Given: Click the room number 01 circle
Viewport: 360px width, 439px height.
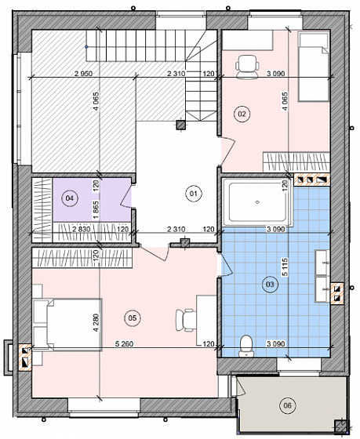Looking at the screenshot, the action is click(x=194, y=194).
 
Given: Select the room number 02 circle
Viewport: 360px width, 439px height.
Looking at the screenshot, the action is click(x=242, y=114).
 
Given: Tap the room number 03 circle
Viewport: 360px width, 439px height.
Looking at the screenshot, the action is click(x=270, y=285).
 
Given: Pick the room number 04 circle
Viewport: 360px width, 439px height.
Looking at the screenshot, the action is click(x=70, y=198).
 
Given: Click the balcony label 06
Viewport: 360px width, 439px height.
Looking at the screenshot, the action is click(x=287, y=405).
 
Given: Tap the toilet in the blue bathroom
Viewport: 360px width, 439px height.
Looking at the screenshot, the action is click(x=246, y=346).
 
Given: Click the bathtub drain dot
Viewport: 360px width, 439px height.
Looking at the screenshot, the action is click(x=258, y=202).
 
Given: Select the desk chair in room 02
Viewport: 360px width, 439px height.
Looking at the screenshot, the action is click(x=247, y=67).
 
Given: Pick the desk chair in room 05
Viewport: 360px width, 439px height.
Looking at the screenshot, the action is click(x=186, y=321).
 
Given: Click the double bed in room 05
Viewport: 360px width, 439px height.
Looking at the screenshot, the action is click(x=67, y=325).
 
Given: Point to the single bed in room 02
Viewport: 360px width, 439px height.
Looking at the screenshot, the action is click(x=314, y=67).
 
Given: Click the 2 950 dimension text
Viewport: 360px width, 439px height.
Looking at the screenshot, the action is click(x=83, y=74).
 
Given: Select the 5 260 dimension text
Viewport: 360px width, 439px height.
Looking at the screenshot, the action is click(x=124, y=344).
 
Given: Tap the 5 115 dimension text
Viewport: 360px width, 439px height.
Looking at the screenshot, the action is click(x=285, y=267).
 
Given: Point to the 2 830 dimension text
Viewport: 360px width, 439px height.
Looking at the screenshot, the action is click(x=82, y=230).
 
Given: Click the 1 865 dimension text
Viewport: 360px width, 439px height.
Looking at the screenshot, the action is click(x=96, y=210).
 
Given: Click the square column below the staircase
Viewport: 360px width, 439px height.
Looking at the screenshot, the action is click(x=181, y=125).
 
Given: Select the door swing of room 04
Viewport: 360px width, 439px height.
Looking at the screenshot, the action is click(x=125, y=197).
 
